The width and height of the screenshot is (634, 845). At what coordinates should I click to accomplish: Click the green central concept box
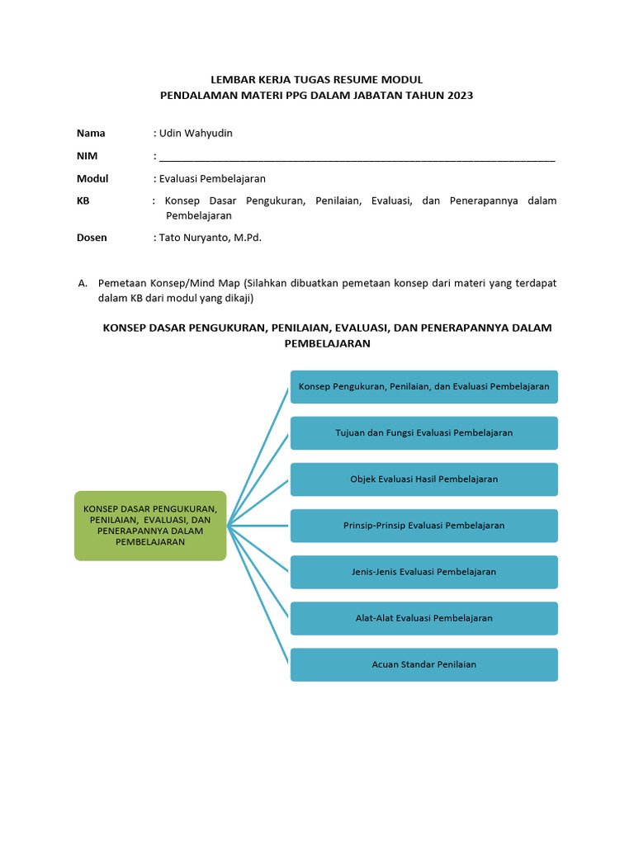pyautogui.click(x=150, y=526)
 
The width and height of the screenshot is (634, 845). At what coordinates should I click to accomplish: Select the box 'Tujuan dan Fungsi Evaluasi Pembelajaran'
pyautogui.click(x=424, y=432)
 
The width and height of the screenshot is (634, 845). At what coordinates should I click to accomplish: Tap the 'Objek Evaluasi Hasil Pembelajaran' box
pyautogui.click(x=424, y=479)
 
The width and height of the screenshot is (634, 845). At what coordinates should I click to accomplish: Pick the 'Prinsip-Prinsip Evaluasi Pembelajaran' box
pyautogui.click(x=424, y=525)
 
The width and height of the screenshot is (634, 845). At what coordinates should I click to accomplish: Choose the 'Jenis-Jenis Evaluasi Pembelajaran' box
pyautogui.click(x=424, y=571)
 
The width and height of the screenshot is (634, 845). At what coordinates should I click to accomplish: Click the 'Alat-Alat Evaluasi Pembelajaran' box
pyautogui.click(x=424, y=617)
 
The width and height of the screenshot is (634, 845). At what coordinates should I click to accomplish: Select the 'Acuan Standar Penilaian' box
pyautogui.click(x=424, y=664)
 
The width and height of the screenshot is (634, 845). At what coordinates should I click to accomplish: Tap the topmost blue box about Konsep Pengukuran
pyautogui.click(x=424, y=386)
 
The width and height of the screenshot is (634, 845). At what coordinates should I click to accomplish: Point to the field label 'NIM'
pyautogui.click(x=87, y=156)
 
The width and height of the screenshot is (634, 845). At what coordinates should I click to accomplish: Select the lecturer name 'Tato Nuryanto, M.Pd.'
pyautogui.click(x=211, y=238)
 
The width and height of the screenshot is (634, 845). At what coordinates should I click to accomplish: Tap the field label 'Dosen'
pyautogui.click(x=92, y=238)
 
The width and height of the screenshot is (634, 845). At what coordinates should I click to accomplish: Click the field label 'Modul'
pyautogui.click(x=92, y=178)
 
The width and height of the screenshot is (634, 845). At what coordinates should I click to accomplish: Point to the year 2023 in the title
pyautogui.click(x=459, y=95)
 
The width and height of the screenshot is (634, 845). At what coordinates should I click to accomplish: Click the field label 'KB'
pyautogui.click(x=83, y=201)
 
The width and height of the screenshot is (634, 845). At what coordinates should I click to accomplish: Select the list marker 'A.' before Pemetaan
pyautogui.click(x=83, y=283)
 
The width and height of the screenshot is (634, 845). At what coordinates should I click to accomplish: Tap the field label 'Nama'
pyautogui.click(x=91, y=133)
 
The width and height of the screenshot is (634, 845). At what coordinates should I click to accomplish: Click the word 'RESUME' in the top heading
pyautogui.click(x=359, y=79)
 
